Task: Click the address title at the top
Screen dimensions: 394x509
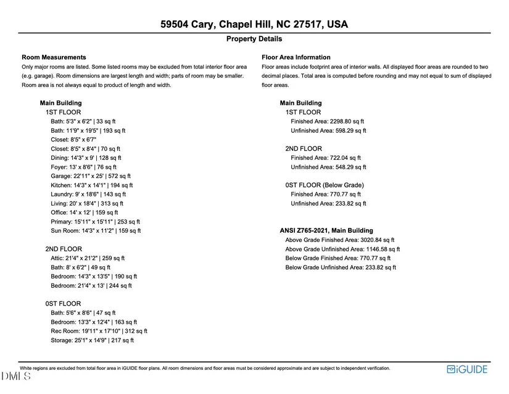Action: coord(254,25)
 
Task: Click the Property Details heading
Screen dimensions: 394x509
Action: coord(254,39)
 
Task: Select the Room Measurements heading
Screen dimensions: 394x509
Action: coord(54,57)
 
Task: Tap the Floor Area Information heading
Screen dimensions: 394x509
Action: coord(296,57)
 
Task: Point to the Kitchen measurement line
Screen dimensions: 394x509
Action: coord(91,185)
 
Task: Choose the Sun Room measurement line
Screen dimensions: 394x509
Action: coord(96,230)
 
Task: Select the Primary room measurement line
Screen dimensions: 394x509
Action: coord(95,222)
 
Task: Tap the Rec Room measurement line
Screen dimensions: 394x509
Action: coord(99,331)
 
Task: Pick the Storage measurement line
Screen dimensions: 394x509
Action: coord(92,340)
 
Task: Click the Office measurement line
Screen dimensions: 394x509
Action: coord(87,212)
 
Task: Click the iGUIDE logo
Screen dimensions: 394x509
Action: coord(467,369)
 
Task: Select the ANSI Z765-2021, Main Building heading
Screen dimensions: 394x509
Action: coord(333,231)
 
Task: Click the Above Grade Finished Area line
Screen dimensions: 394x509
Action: coord(339,240)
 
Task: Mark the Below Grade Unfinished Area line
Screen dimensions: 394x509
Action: coord(341,267)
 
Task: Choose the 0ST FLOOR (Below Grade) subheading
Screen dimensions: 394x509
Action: coord(325,185)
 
